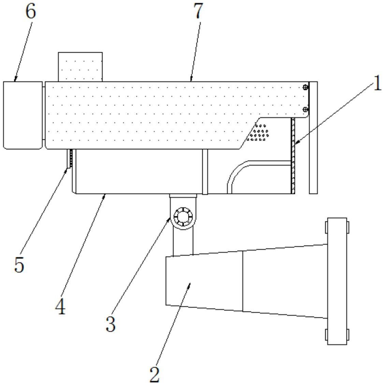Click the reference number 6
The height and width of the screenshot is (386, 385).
pyautogui.click(x=30, y=12)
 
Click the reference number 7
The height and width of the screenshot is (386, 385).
pyautogui.click(x=198, y=12)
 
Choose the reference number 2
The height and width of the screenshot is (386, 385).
pyautogui.click(x=155, y=375)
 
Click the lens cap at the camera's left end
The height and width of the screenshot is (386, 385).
pyautogui.click(x=23, y=115)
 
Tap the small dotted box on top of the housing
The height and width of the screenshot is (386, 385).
pyautogui.click(x=80, y=67)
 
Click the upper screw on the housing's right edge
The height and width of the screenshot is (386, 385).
pyautogui.click(x=306, y=88)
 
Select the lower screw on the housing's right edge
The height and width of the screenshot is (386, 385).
pyautogui.click(x=306, y=109)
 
